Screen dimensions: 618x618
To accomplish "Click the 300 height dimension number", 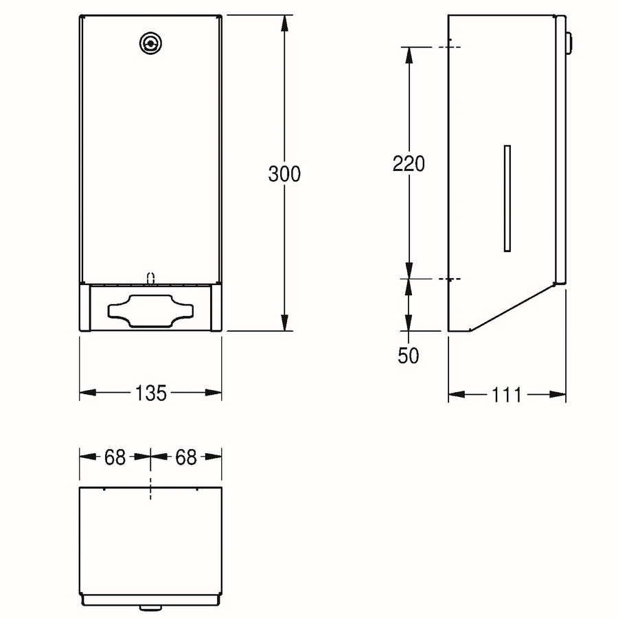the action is [x=284, y=174].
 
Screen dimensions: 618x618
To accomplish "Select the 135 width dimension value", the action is [x=150, y=393].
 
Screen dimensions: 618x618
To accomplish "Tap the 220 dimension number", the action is [x=409, y=163].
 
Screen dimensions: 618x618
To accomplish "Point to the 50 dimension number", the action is [x=409, y=356].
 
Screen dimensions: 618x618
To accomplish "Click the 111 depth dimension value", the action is [x=507, y=395].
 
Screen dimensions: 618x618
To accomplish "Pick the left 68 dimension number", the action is [x=115, y=457].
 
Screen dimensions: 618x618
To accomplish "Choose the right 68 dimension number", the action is [x=186, y=457].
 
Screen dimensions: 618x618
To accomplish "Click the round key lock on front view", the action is [x=150, y=43].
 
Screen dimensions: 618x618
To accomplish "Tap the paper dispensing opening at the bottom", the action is [x=150, y=311].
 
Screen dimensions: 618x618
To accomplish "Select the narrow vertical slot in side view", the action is [x=507, y=198].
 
